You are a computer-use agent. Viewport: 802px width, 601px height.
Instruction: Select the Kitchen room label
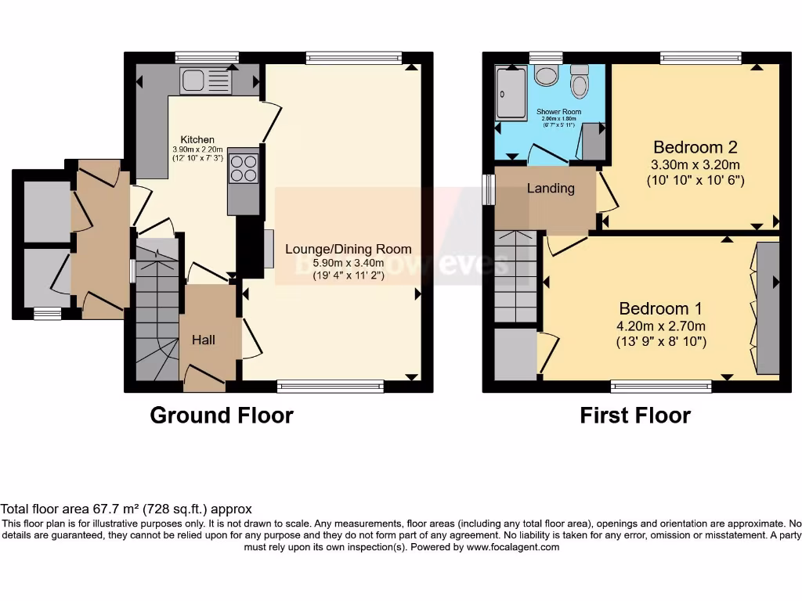tap(197, 139)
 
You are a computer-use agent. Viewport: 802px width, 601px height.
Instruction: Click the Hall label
tap(204, 340)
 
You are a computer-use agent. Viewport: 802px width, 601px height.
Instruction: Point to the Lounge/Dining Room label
tap(348, 249)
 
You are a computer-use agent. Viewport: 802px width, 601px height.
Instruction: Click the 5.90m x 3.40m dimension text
tap(348, 263)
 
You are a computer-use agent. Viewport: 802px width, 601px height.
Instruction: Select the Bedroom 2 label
tap(695, 147)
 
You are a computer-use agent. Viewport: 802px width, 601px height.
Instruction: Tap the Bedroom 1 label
tap(661, 308)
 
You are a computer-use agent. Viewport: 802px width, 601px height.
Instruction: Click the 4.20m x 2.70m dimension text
tap(662, 326)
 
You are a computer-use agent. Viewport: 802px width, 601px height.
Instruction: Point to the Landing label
tap(550, 189)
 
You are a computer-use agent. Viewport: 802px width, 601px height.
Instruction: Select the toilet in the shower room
tap(579, 83)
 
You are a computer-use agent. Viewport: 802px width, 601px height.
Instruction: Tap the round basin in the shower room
tap(546, 76)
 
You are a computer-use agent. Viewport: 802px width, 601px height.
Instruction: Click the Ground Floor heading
tap(221, 415)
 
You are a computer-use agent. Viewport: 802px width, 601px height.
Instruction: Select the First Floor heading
tap(635, 415)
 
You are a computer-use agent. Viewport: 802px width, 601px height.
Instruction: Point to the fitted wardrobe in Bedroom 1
tap(768, 308)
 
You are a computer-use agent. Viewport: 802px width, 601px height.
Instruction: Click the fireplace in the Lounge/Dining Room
tap(268, 249)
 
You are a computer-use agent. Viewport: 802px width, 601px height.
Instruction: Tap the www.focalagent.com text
tap(513, 547)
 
